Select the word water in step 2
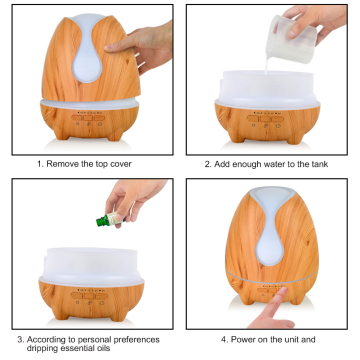[x=275, y=163]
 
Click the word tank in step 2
[x=318, y=163]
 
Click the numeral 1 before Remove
[x=39, y=163]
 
